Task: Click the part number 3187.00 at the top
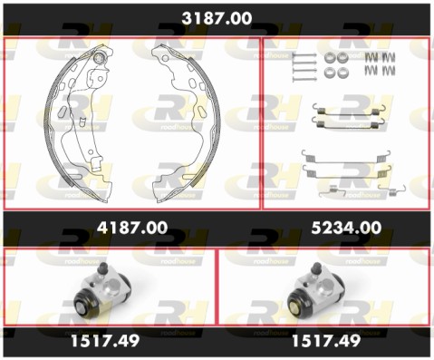tap(217, 18)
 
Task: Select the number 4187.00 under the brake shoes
tap(132, 228)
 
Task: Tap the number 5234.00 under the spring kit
tap(346, 228)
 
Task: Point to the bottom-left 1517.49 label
tap(105, 341)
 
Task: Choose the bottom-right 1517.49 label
tap(326, 341)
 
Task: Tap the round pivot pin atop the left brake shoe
tap(99, 57)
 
